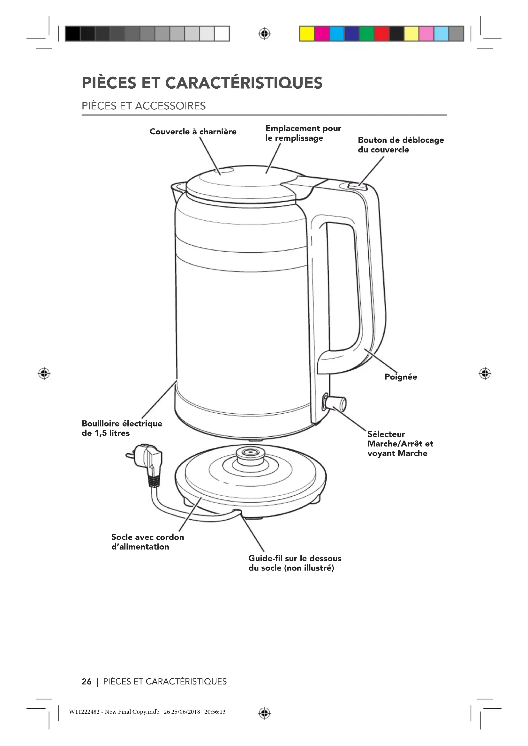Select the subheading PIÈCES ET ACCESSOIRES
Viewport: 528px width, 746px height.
pos(143,106)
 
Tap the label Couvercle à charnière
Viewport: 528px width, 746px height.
pos(193,132)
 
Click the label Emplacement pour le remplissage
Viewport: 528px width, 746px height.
pos(303,133)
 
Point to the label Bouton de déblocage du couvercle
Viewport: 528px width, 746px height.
pos(401,145)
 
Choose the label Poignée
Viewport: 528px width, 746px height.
pos(401,377)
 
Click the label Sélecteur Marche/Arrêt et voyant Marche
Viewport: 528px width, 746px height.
pos(400,444)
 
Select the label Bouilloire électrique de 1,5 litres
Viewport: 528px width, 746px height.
pos(122,428)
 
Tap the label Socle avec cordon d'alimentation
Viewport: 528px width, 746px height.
pos(147,542)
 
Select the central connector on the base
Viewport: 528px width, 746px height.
pos(250,454)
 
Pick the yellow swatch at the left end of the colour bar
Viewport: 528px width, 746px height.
pos(306,34)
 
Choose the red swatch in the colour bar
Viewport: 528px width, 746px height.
pos(381,34)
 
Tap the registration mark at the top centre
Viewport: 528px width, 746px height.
pos(264,34)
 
